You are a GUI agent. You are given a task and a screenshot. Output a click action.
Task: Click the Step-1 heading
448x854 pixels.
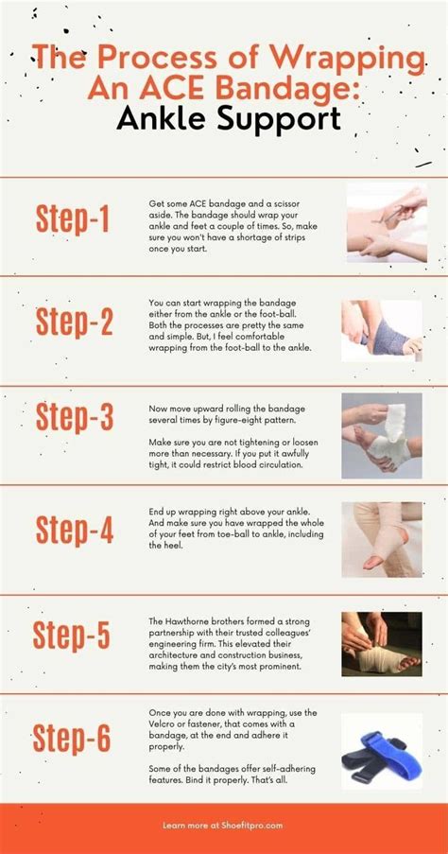[x=74, y=218]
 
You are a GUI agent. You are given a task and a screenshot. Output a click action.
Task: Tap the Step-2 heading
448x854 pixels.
[x=74, y=322]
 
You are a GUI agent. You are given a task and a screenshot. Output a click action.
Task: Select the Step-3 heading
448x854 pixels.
[x=74, y=417]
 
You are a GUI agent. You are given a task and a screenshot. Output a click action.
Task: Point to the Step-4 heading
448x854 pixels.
[x=74, y=531]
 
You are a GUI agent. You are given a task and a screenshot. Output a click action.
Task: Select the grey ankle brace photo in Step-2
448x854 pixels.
[x=381, y=330]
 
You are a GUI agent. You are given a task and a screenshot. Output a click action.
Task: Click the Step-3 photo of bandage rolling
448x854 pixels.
[x=381, y=435]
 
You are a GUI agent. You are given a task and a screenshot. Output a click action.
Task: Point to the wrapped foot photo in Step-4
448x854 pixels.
[x=381, y=539]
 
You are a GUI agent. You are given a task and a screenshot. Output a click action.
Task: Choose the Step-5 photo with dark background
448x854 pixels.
[x=381, y=643]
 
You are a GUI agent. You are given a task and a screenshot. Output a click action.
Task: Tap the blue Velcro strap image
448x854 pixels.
[x=381, y=751]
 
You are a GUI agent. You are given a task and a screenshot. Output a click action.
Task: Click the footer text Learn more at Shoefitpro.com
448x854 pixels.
[x=224, y=826]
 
